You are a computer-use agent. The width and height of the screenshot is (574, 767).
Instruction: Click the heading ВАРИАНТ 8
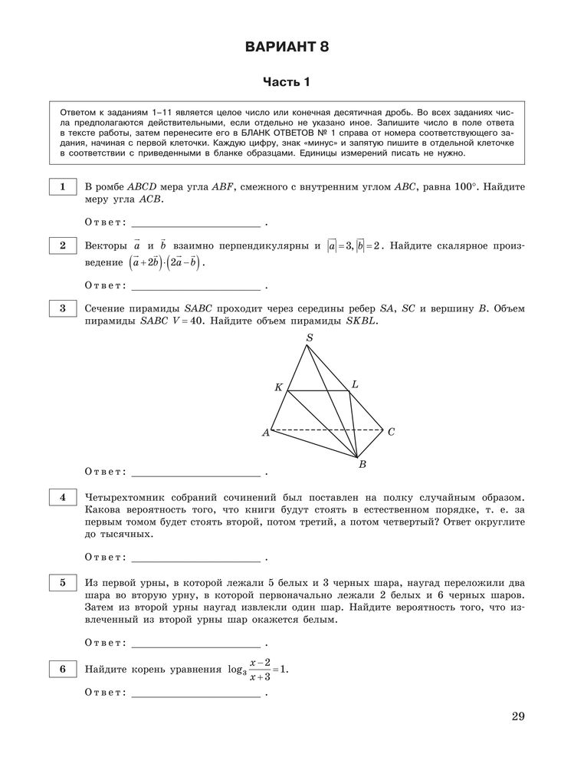(287, 48)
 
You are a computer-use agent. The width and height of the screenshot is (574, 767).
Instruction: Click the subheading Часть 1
(287, 82)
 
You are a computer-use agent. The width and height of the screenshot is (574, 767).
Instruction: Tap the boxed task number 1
(61, 186)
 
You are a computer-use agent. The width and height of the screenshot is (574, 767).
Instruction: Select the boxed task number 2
(61, 245)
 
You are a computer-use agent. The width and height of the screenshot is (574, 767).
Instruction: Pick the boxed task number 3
(61, 308)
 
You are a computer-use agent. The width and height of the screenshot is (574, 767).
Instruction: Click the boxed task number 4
(61, 497)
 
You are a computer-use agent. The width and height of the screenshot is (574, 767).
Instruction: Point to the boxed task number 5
(61, 583)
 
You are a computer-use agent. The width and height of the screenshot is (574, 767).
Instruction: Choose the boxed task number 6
(61, 670)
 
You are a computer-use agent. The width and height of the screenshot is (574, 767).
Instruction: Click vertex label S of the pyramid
(309, 337)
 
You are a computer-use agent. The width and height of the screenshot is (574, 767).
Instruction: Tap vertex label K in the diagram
(278, 387)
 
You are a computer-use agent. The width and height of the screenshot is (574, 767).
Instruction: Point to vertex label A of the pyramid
(266, 433)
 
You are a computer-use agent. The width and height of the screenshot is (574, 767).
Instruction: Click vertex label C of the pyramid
(390, 432)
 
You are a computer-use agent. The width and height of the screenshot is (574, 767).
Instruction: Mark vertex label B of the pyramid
(362, 464)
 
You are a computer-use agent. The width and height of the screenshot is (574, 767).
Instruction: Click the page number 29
(517, 716)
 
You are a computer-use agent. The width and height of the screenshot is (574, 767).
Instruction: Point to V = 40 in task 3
(185, 322)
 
